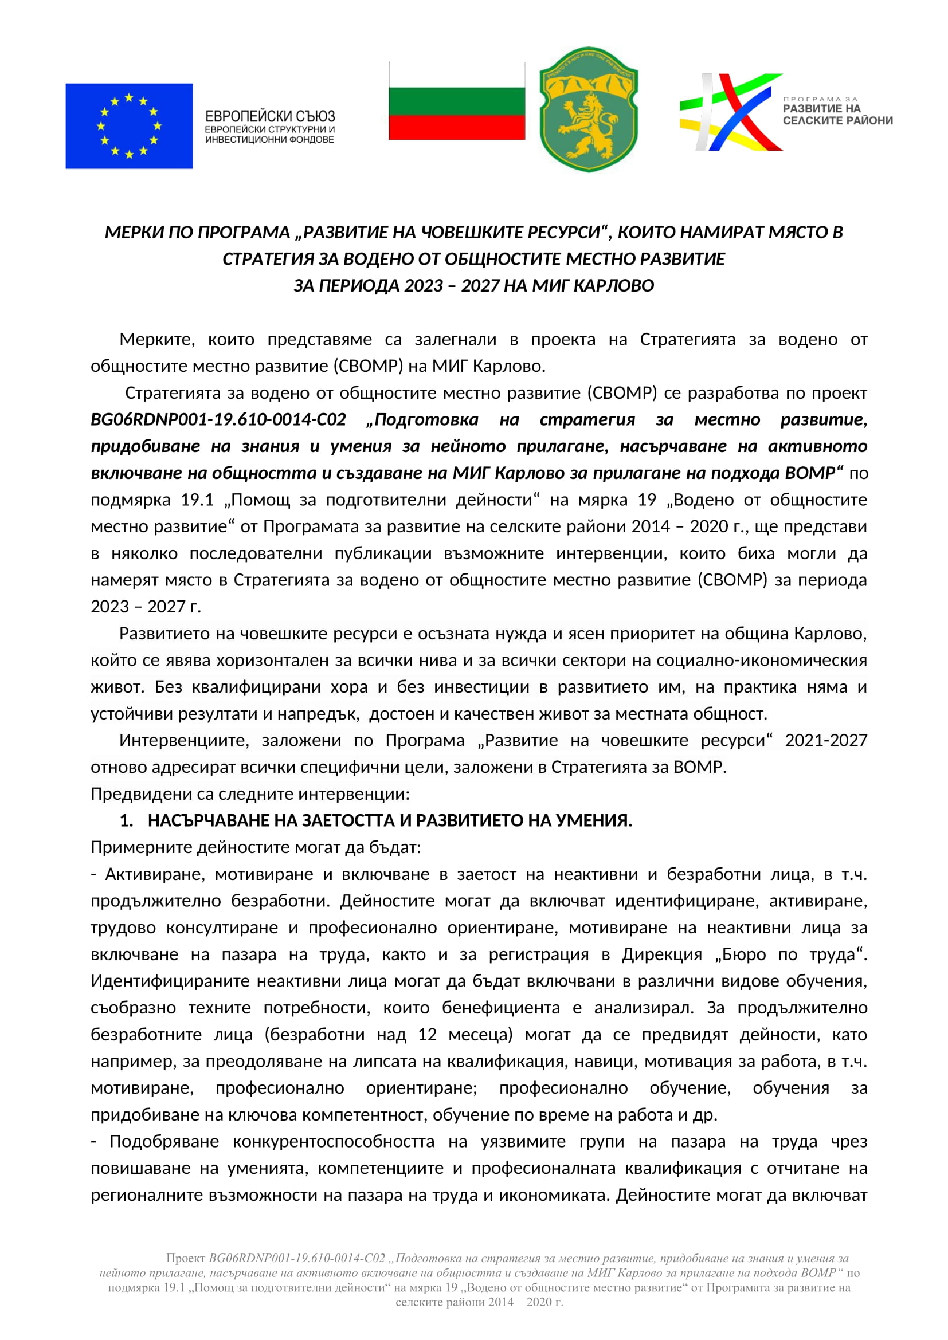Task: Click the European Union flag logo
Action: [129, 126]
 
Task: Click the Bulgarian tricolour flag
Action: [456, 101]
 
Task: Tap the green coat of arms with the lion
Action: [588, 110]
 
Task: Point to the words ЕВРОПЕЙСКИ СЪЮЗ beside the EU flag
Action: [270, 116]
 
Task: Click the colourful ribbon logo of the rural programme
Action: [730, 112]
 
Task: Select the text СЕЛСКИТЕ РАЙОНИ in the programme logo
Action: [838, 121]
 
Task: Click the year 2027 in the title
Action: [480, 285]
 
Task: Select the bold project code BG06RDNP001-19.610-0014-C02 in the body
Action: [218, 419]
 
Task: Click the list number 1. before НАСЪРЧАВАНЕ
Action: [126, 820]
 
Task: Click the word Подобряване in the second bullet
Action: [164, 1141]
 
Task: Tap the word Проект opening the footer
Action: [186, 1258]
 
